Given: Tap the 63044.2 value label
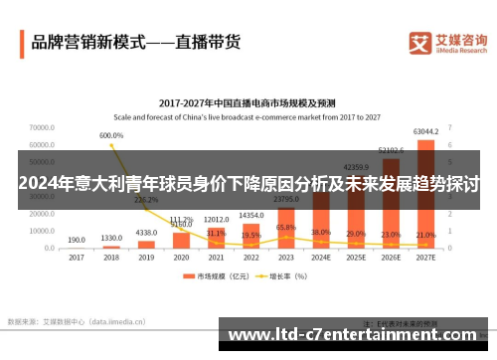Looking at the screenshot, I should (x=425, y=131).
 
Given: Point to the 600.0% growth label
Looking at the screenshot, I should (x=111, y=135).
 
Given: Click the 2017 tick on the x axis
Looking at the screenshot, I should (x=77, y=257).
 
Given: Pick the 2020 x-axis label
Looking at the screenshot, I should (x=181, y=257).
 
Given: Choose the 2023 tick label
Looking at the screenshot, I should (x=286, y=257).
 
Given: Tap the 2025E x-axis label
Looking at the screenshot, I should (x=356, y=257).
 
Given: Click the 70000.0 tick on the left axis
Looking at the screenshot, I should (x=42, y=127).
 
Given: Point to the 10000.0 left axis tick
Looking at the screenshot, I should (x=42, y=230).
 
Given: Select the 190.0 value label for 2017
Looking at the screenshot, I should (x=77, y=240).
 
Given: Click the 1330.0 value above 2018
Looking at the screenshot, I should (x=111, y=238).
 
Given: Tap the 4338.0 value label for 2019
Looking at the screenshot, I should (x=146, y=233).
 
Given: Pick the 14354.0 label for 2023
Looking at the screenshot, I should (x=251, y=216).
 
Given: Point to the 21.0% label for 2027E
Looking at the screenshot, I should (x=425, y=234).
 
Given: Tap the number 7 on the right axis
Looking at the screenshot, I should (x=450, y=127).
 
